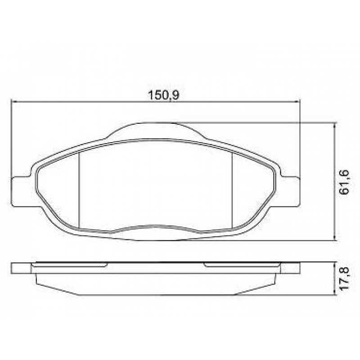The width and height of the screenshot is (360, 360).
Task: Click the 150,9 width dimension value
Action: tap(161, 95)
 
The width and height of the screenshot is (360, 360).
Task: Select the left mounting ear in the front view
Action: tap(20, 191)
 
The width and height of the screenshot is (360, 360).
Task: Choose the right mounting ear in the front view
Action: tap(290, 191)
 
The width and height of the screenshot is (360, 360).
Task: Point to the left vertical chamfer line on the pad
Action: tap(79, 189)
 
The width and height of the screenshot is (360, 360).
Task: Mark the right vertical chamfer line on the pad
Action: tap(231, 189)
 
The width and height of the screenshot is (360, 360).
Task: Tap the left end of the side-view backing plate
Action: tap(21, 268)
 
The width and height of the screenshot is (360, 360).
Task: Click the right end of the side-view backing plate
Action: tap(290, 268)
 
